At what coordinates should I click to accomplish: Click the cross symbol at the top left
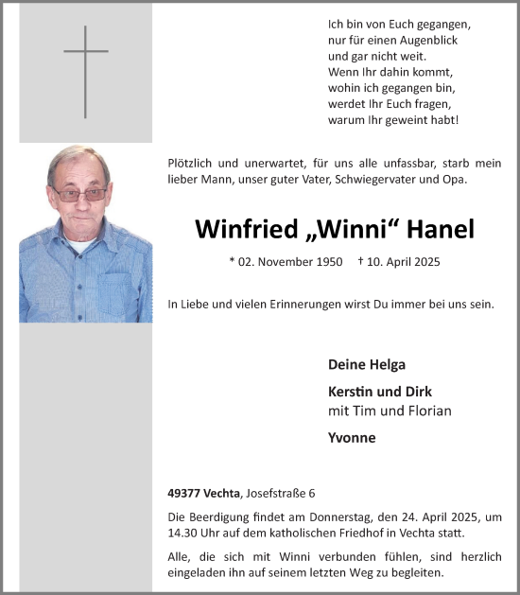tap(85, 71)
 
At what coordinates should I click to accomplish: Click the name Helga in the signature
tap(386, 364)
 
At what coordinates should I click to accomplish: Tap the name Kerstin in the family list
tap(352, 391)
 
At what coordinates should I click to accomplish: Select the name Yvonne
tap(352, 438)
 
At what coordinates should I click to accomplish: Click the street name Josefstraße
tap(275, 493)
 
